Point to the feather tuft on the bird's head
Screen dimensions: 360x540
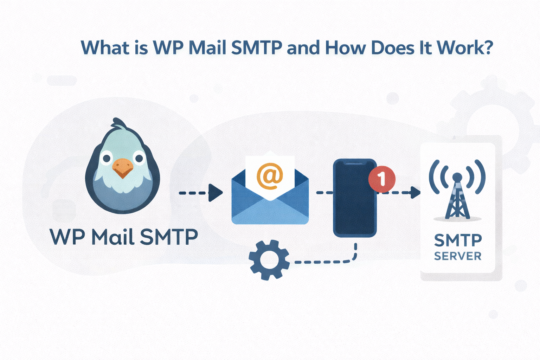[x=118, y=124]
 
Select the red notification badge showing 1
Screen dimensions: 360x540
[x=381, y=179]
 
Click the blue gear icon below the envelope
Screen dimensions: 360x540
[x=269, y=260]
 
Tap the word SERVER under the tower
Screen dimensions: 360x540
[x=458, y=256]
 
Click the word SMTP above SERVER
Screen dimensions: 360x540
[x=458, y=240]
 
